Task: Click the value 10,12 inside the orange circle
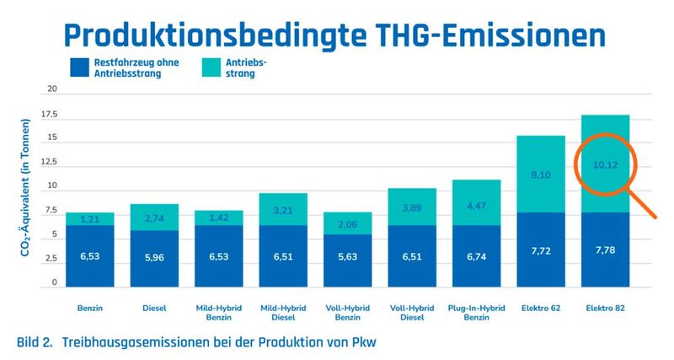pyautogui.click(x=606, y=165)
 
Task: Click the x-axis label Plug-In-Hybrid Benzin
pyautogui.click(x=476, y=313)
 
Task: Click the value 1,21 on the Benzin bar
pyautogui.click(x=91, y=219)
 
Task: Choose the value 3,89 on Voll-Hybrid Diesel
pyautogui.click(x=411, y=207)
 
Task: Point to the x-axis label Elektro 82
pyautogui.click(x=606, y=309)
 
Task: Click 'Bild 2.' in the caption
pyautogui.click(x=35, y=343)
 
